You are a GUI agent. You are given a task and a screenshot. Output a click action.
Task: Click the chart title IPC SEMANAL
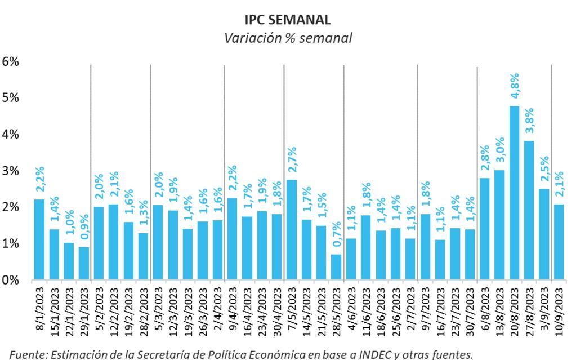pos(288,20)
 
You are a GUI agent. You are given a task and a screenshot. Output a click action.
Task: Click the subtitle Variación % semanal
pos(288,38)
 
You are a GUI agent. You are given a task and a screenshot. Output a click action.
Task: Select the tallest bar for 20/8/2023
pos(514,193)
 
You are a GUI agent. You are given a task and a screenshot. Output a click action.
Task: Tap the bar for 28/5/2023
pos(336,267)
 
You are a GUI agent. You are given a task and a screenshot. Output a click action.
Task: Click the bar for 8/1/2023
pos(39,239)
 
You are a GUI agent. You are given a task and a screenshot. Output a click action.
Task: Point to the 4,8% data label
pos(514,87)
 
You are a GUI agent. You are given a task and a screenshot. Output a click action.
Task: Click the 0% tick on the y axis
pos(11,280)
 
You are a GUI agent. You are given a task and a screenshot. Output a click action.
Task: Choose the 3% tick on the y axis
pos(11,171)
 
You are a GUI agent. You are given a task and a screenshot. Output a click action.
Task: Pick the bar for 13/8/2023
pos(499,225)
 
